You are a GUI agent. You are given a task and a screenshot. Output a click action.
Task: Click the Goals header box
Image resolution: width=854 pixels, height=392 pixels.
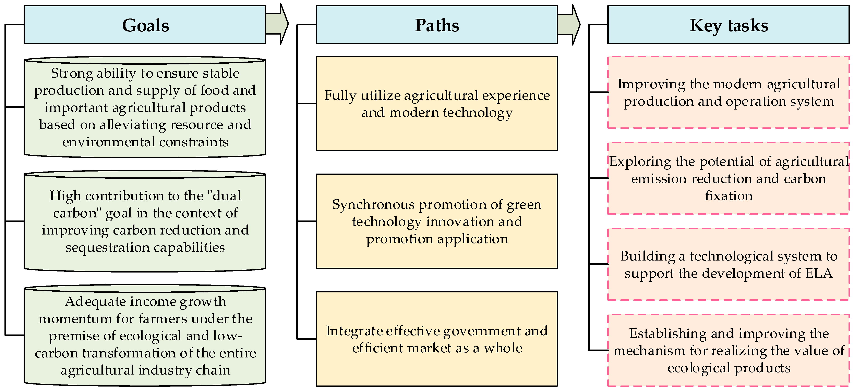coord(145,25)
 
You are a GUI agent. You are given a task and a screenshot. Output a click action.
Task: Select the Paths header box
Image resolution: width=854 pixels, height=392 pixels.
coord(437,25)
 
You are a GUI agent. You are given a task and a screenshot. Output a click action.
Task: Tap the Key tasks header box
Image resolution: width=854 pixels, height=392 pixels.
coord(728,25)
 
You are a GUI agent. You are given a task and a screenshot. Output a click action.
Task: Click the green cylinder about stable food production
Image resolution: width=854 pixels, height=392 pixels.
coord(145,107)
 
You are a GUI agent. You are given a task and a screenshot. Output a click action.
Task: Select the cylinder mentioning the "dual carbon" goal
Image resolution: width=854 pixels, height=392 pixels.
coord(145,221)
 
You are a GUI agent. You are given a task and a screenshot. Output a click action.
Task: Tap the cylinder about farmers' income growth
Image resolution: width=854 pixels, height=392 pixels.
coord(145,335)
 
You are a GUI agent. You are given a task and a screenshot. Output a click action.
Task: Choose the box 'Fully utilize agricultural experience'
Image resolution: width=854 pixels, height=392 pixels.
coord(437,103)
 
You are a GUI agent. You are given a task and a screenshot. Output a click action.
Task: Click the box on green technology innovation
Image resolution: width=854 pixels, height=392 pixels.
coord(437,221)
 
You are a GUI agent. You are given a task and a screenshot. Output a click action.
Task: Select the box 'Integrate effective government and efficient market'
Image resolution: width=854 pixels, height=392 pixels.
coord(437,339)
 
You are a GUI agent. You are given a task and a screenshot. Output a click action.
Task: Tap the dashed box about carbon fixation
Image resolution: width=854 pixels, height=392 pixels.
coord(728,178)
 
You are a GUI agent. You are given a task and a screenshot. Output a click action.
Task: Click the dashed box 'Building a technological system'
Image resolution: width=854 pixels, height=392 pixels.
coord(728,264)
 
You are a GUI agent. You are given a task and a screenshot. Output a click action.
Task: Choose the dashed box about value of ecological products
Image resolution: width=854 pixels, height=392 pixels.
coord(728,350)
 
